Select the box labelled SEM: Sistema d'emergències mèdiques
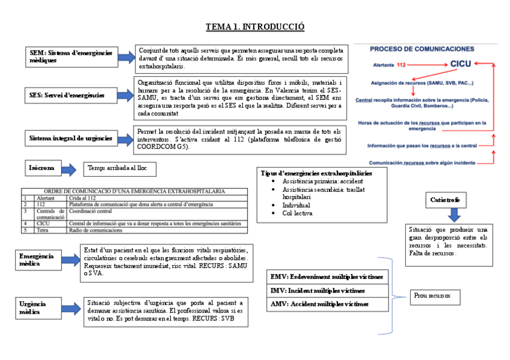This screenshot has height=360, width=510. tap(70, 56)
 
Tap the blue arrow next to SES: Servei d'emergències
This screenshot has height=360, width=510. tap(124, 95)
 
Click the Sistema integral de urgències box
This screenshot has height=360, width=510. tap(70, 139)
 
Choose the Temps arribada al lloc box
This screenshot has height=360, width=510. tap(119, 169)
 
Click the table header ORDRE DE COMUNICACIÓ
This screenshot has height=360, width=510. tap(134, 191)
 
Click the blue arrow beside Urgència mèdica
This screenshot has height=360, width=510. tap(70, 309)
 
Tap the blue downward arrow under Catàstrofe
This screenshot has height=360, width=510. tap(454, 215)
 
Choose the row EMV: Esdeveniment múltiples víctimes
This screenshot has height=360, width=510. tap(327, 277)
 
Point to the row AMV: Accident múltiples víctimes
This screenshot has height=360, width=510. tap(327, 304)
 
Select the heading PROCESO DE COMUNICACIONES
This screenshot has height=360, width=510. tap(422, 49)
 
